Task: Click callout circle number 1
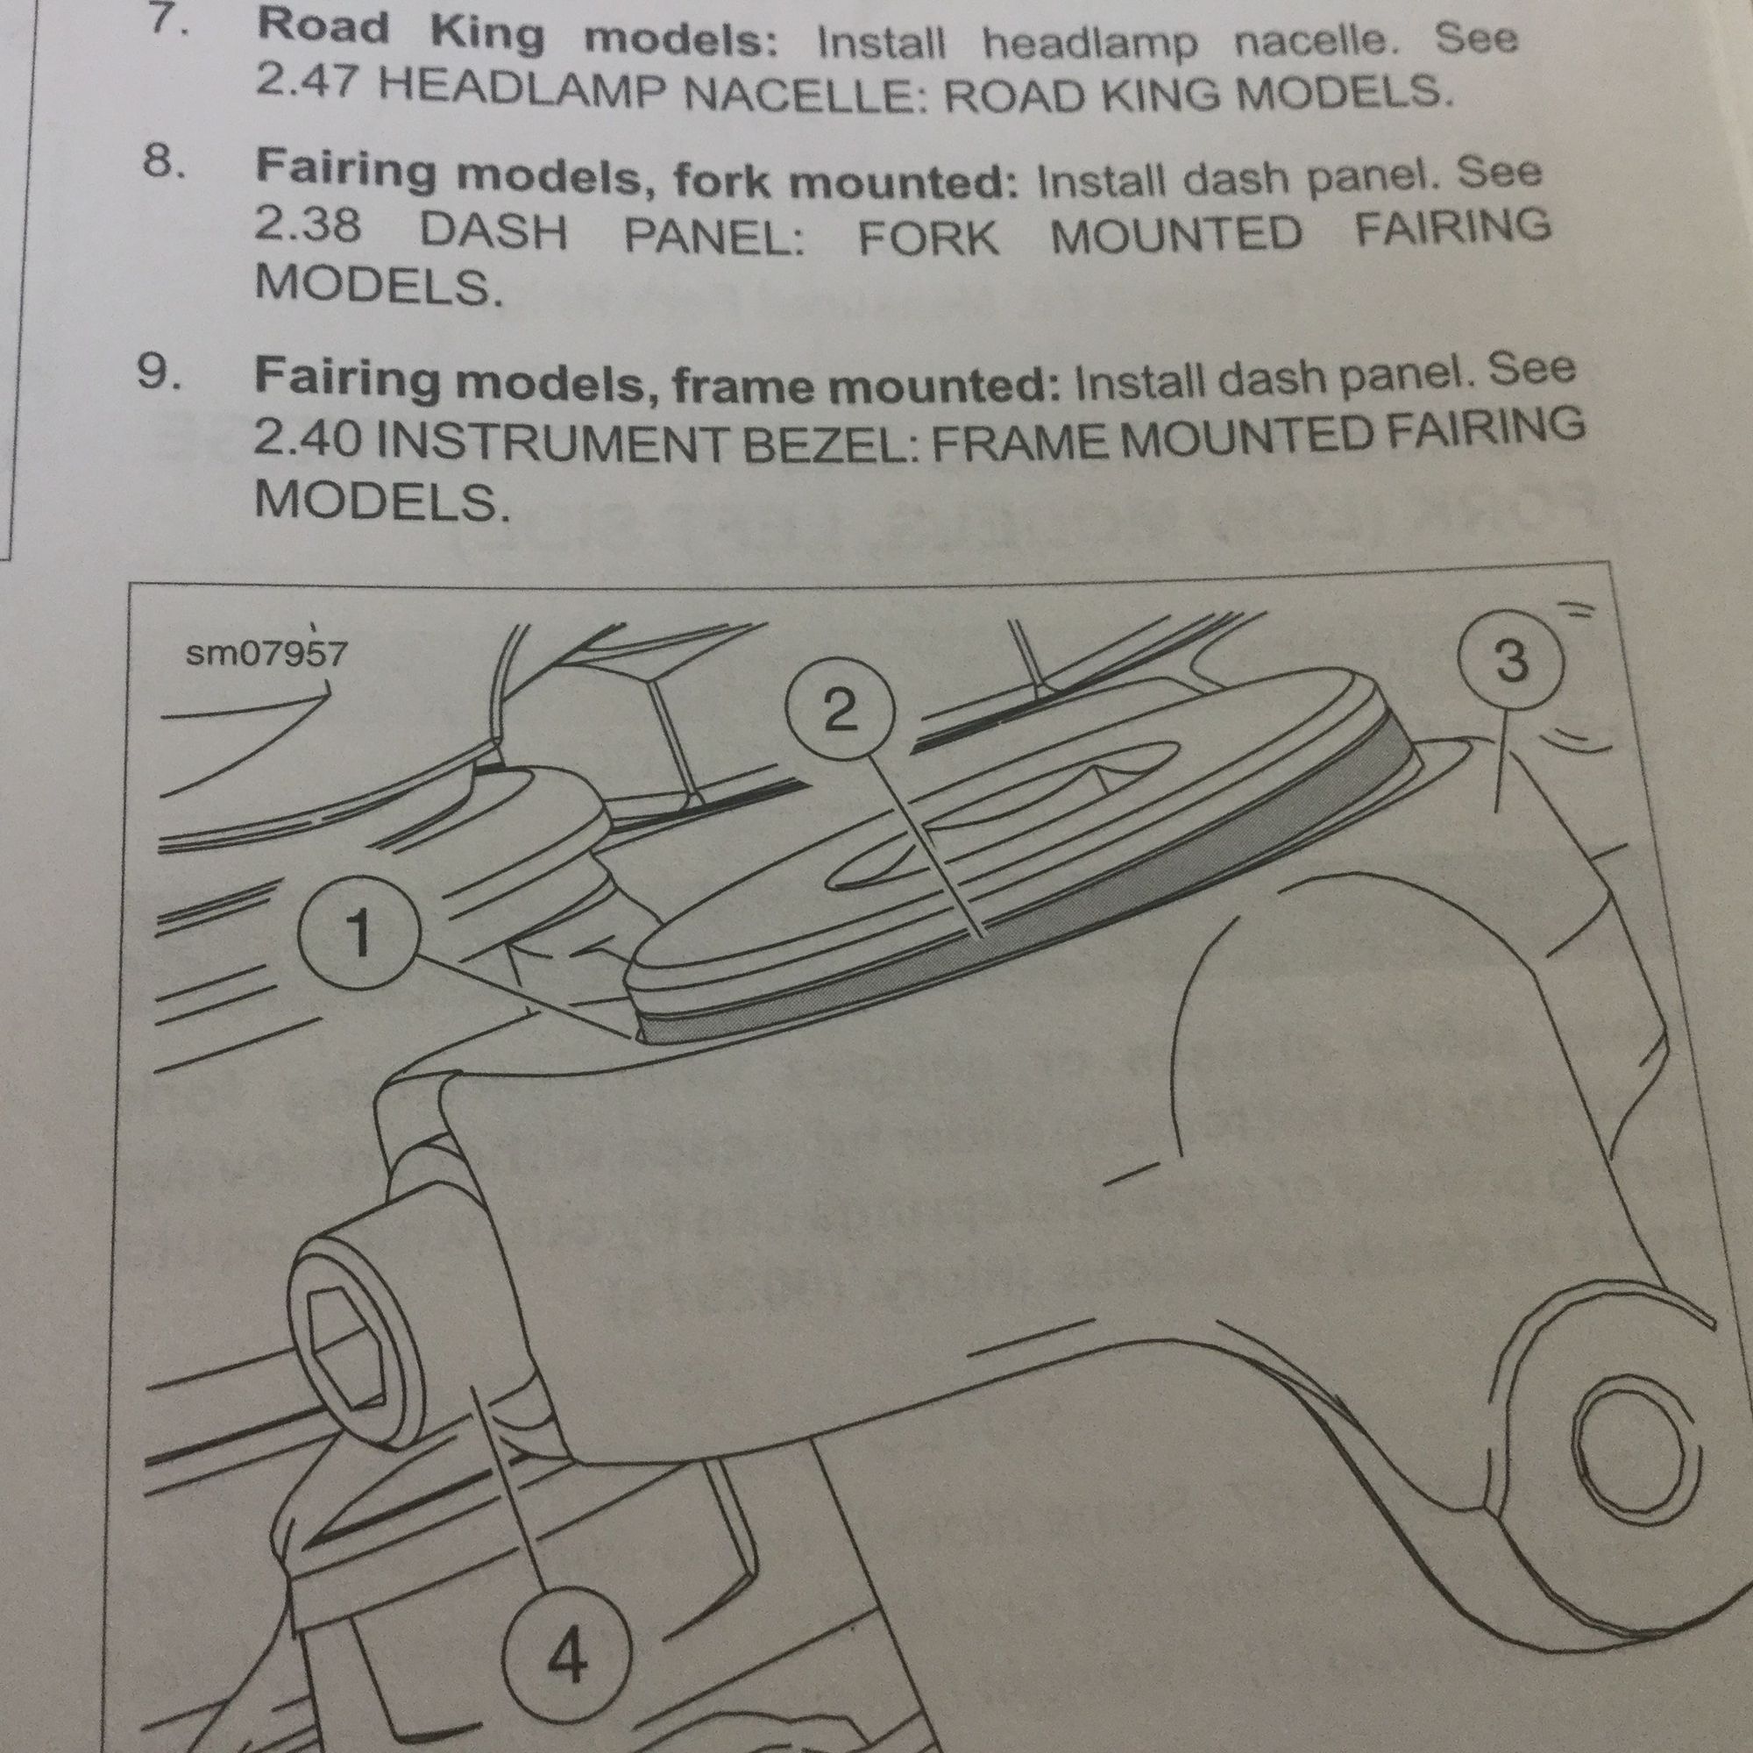[359, 935]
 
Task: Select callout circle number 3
[1510, 660]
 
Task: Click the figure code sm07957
[265, 652]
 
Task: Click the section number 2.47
[308, 85]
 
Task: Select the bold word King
[487, 34]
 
